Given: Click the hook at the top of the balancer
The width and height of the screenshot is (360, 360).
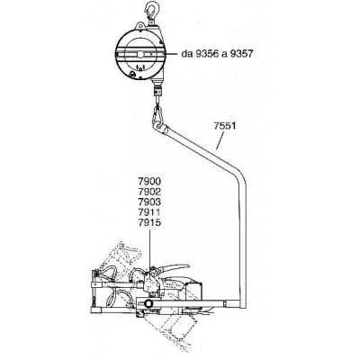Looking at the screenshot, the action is click(150, 11).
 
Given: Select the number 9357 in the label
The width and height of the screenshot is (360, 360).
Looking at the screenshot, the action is click(241, 54).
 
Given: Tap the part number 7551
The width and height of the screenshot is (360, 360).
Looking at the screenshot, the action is click(225, 125).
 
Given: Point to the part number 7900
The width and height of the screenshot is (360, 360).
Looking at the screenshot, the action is click(149, 182).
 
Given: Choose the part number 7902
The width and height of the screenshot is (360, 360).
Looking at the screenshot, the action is click(149, 192).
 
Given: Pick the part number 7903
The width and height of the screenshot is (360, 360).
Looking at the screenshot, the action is click(149, 202).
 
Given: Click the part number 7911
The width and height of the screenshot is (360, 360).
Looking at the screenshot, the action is click(149, 212).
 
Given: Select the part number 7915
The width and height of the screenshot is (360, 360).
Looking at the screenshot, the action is click(149, 223).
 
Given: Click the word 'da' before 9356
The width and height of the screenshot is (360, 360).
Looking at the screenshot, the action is click(186, 54).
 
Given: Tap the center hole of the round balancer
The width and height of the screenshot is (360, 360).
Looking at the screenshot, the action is click(140, 54).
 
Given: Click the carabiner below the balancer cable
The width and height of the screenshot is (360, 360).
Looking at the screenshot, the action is click(158, 115).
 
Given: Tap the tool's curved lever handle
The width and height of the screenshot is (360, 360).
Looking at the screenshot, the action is click(173, 267).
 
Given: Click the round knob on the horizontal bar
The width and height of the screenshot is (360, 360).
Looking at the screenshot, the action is click(148, 303).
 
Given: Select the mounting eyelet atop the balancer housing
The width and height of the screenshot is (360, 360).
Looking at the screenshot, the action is click(140, 26).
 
